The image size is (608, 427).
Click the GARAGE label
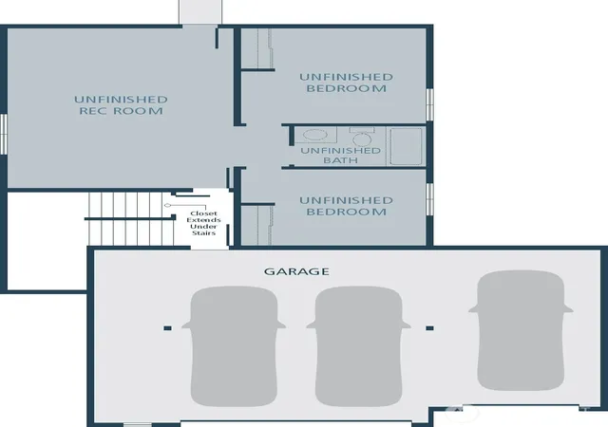tap(296, 271)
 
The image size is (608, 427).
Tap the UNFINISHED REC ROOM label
tap(121, 105)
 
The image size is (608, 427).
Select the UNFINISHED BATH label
tap(340, 155)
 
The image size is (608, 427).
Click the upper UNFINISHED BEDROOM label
tap(346, 83)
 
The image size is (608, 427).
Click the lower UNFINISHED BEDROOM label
tap(346, 206)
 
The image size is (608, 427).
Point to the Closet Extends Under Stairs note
tap(203, 223)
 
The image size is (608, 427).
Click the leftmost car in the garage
tap(234, 346)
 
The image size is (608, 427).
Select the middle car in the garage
tap(359, 346)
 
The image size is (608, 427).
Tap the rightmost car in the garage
tap(521, 330)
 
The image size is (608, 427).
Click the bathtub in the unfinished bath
tap(406, 146)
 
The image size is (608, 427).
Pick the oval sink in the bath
tap(314, 136)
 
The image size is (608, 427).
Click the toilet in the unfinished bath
tap(362, 137)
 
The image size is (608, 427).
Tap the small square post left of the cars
tap(167, 328)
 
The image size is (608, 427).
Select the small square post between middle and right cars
tap(429, 328)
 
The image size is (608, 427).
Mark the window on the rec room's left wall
tap(3, 134)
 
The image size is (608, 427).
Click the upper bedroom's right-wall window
tap(429, 104)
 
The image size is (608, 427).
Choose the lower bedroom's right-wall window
tap(429, 199)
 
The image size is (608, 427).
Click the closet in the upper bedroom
tap(257, 48)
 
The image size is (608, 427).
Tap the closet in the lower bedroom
tap(257, 225)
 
